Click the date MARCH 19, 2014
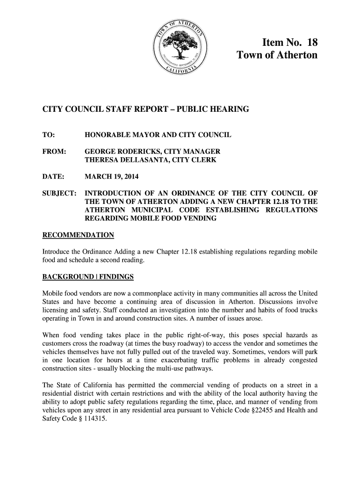[x=111, y=177]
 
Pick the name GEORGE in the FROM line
[x=100, y=152]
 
